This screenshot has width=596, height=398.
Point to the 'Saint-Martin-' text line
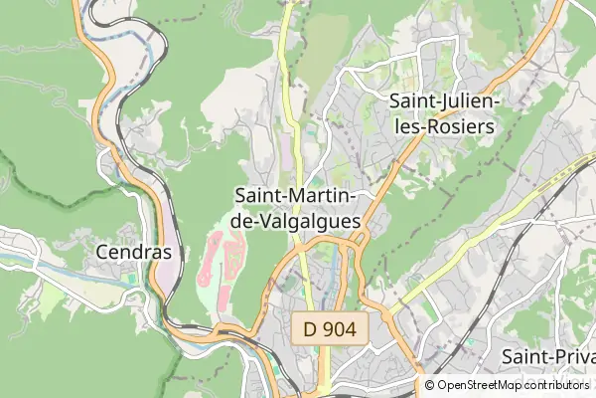296,196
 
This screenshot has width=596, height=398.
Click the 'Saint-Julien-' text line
444,101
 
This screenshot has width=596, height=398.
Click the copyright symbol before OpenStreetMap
430,385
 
